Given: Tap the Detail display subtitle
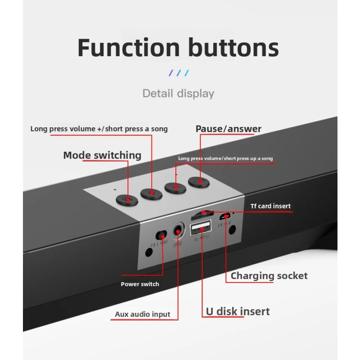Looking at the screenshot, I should click(178, 94).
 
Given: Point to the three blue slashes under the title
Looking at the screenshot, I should click(179, 73).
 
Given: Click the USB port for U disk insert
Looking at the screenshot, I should click(200, 228).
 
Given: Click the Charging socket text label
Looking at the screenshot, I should click(269, 276).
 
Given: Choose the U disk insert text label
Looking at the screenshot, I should click(238, 311).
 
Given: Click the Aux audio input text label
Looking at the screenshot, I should click(143, 314).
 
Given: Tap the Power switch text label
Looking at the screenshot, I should click(139, 284).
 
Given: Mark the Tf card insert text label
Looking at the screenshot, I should click(270, 206).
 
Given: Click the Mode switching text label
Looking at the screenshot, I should click(102, 155).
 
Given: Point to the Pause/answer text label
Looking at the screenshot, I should click(228, 129).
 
